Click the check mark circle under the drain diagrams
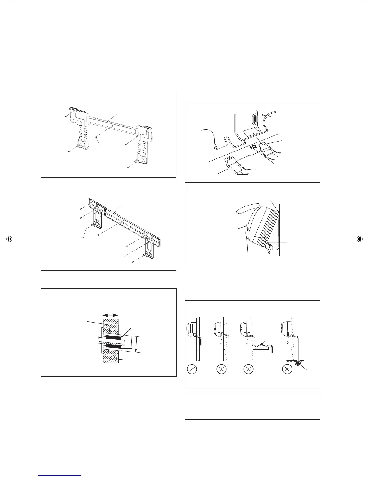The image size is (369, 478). coord(192,369)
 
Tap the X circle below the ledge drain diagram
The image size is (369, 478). coord(248,369)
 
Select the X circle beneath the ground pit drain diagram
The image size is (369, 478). coord(287,369)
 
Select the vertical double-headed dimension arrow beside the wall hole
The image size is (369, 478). coord(137,344)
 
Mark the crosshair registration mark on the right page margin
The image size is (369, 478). coord(359,239)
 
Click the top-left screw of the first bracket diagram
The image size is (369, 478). coord(66,116)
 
